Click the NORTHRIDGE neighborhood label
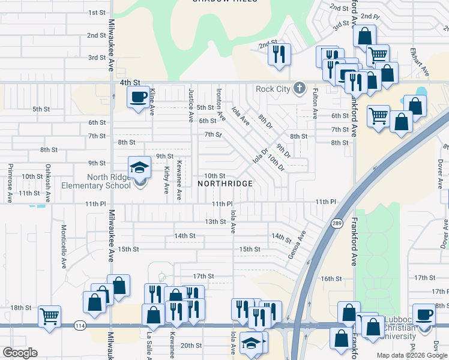pyautogui.click(x=224, y=183)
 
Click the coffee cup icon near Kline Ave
pyautogui.click(x=138, y=97)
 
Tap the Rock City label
pyautogui.click(x=273, y=89)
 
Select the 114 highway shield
pyautogui.click(x=79, y=325)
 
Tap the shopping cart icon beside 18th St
pyautogui.click(x=49, y=316)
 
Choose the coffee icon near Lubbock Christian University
pyautogui.click(x=425, y=316)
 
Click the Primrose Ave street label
pyautogui.click(x=10, y=182)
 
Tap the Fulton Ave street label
pyautogui.click(x=315, y=103)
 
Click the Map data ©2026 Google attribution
pyautogui.click(x=411, y=355)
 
